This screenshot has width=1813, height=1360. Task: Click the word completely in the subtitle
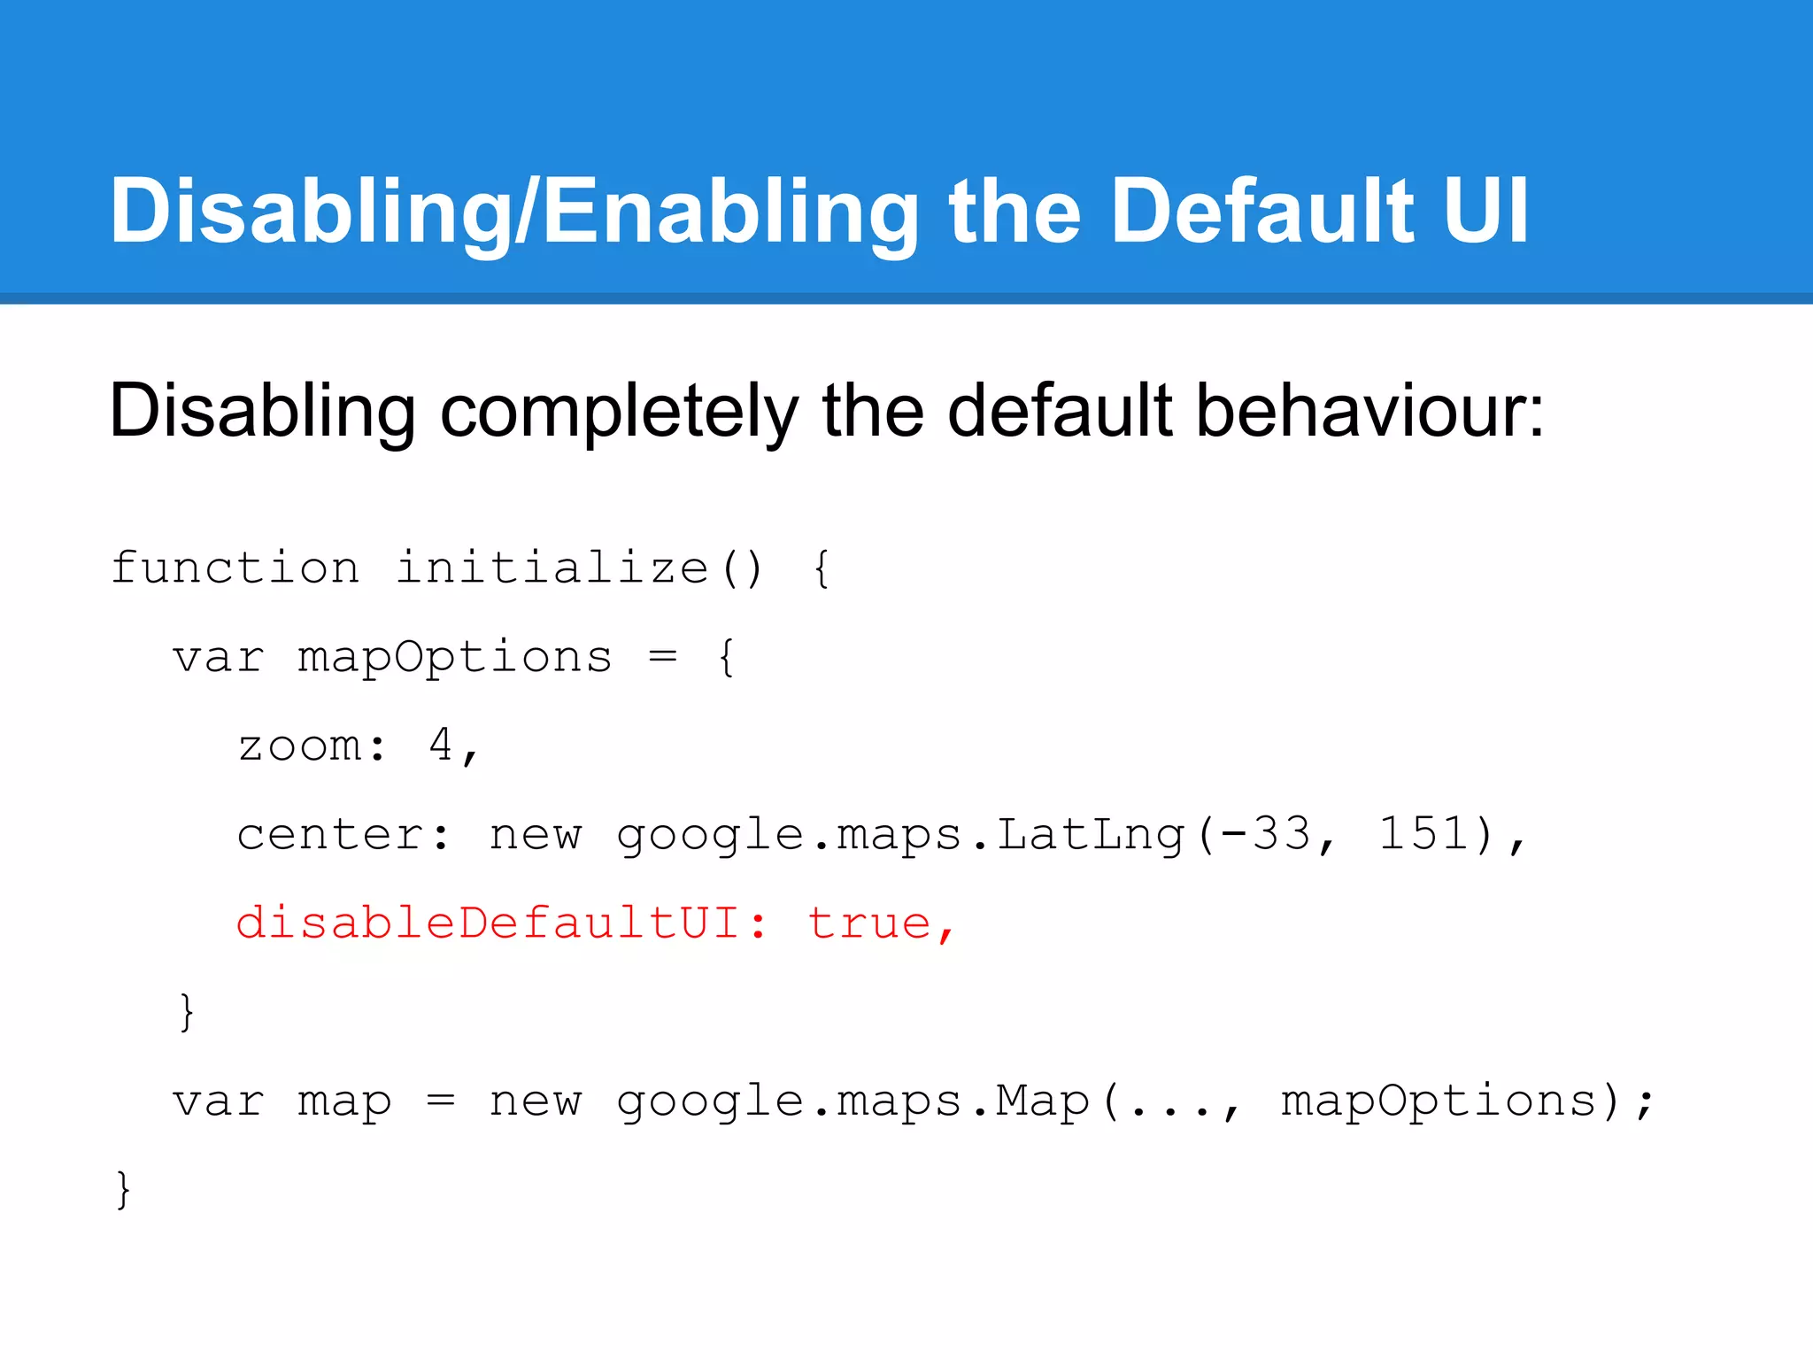[x=620, y=411]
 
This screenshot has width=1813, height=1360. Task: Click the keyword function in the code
[x=235, y=568]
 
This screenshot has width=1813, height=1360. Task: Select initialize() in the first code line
[x=580, y=568]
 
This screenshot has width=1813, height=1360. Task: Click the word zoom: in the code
[x=312, y=746]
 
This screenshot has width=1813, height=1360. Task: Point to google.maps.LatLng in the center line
[x=900, y=835]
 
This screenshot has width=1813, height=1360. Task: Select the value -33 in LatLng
[x=1266, y=834]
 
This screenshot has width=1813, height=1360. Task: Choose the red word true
[x=869, y=923]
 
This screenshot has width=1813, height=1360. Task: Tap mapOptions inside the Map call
[x=1439, y=1102]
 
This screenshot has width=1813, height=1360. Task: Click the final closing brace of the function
[x=123, y=1189]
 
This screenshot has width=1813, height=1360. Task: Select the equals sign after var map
[x=440, y=1102]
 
